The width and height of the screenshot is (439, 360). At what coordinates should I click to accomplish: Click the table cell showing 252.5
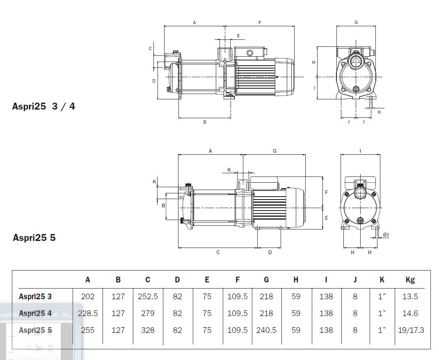(148, 296)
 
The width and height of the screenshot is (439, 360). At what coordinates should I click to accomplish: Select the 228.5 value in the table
(88, 313)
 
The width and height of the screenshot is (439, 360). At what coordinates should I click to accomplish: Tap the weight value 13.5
(410, 296)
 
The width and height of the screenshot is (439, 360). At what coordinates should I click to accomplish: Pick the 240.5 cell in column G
(266, 330)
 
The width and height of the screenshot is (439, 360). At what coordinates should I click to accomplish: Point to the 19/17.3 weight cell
(410, 330)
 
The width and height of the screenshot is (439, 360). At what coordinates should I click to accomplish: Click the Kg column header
(410, 280)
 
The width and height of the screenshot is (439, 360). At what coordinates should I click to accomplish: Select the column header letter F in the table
(238, 280)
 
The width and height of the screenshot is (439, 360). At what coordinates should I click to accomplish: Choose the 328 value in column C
(148, 330)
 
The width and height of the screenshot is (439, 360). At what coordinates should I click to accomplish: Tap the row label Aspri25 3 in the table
(35, 296)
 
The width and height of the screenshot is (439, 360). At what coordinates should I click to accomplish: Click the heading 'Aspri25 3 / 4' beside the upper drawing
(44, 106)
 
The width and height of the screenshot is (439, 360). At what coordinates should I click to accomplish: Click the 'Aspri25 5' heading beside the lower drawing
(34, 238)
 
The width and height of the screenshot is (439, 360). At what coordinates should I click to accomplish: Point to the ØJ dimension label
(386, 234)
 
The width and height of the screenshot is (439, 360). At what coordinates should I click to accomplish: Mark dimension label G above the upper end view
(356, 23)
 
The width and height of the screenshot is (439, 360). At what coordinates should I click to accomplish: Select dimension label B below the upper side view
(205, 122)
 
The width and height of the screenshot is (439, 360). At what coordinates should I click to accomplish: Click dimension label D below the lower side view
(270, 252)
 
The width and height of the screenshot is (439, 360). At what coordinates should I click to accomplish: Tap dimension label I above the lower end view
(360, 151)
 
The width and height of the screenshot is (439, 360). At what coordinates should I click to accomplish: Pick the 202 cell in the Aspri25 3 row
(88, 296)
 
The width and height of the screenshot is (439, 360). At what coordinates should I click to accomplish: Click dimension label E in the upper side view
(238, 36)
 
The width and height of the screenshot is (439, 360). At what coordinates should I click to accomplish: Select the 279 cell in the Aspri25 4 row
(148, 313)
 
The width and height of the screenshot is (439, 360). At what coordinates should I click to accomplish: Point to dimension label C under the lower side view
(218, 252)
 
